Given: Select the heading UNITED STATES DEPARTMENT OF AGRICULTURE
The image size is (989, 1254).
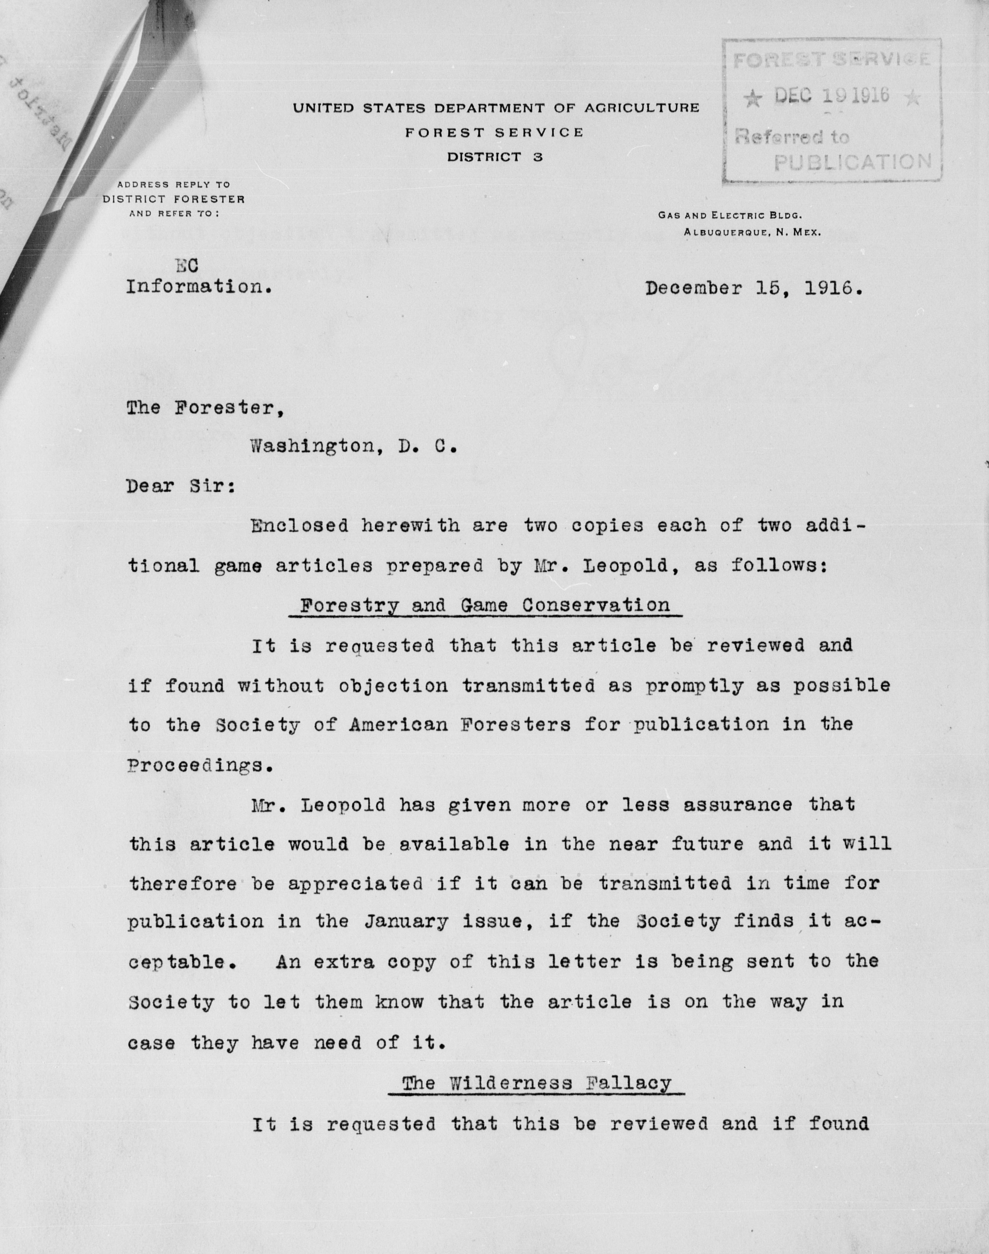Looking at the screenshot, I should click(x=496, y=108).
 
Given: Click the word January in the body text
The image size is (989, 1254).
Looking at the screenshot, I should click(x=406, y=921).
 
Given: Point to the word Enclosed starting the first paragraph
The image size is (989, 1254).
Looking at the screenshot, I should click(x=299, y=526).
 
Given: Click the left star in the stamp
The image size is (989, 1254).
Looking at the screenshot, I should click(x=752, y=99).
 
